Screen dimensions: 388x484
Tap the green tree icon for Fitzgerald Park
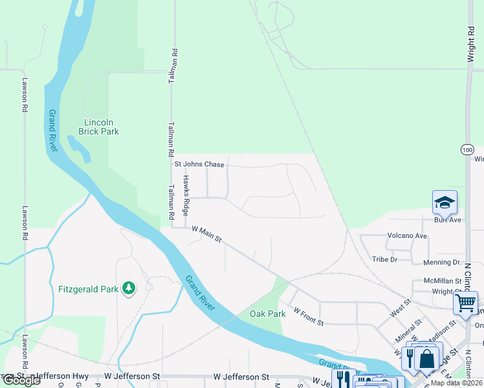tap(129, 288)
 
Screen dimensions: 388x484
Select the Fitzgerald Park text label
tap(89, 289)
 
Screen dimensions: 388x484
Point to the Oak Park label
tap(268, 314)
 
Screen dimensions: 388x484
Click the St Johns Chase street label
tap(199, 164)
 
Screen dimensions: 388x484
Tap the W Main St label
tap(206, 234)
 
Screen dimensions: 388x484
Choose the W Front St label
tap(307, 316)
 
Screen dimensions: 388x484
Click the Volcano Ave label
tap(407, 236)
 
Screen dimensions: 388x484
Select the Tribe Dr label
tap(384, 259)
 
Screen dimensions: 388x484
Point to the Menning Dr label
tap(441, 263)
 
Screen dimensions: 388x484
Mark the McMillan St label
tap(442, 281)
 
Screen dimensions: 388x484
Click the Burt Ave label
tap(448, 220)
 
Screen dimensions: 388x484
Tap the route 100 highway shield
tap(467, 149)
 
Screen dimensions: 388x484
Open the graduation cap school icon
tap(445, 202)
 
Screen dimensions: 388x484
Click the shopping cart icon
tap(465, 303)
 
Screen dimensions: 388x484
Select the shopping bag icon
tap(427, 357)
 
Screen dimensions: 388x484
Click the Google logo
tap(22, 380)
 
